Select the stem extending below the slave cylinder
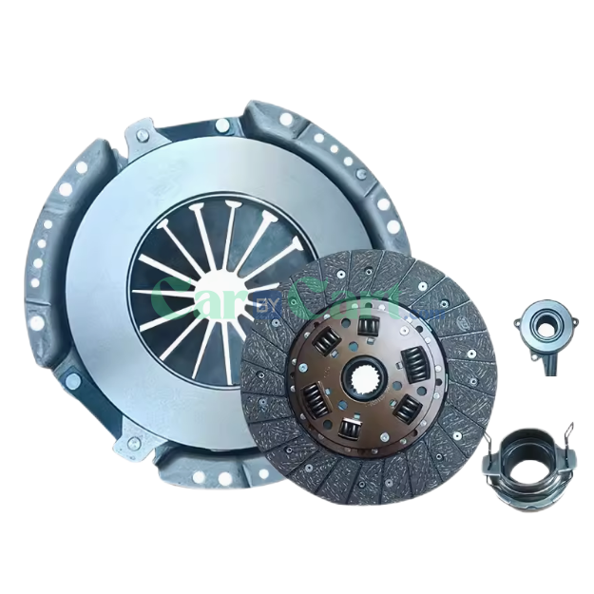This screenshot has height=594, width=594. coord(550,362)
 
